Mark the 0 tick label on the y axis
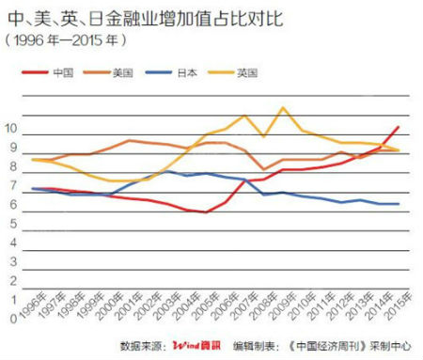[x=11, y=317]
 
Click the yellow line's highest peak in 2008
[x=283, y=107]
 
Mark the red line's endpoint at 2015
[x=399, y=126]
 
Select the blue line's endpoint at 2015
[x=399, y=204]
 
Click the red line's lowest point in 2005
[x=206, y=212]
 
